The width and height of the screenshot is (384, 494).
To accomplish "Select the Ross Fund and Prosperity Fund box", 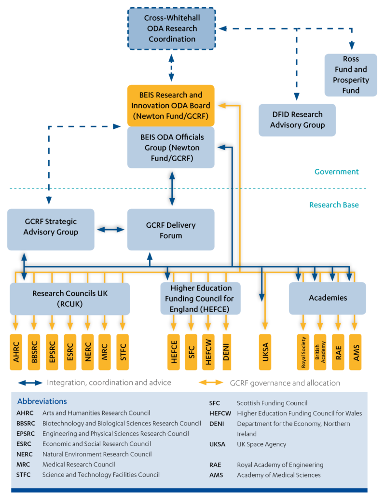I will coord(351,75).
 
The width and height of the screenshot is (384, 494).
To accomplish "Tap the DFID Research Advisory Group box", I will coord(297,120).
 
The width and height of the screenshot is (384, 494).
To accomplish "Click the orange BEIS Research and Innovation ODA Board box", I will coord(171,106).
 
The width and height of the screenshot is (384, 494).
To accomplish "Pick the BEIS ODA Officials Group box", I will coord(171,147).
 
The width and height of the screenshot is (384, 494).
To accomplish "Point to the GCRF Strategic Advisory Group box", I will coord(51,229).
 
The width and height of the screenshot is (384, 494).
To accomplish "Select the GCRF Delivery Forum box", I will coord(171,230).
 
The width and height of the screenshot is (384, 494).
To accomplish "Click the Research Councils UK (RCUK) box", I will coord(70,298).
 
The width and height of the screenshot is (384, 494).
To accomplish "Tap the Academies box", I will coord(327,298).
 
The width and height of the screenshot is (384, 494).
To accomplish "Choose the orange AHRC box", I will coord(16,352).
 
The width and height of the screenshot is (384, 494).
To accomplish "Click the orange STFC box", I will coord(123,352).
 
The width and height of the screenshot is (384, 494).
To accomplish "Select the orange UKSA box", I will coord(265,352).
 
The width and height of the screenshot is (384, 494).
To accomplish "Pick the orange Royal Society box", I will coord(303,352).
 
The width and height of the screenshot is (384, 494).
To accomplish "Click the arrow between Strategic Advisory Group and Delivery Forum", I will coord(111,230).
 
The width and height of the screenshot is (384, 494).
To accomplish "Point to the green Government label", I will coord(336,172).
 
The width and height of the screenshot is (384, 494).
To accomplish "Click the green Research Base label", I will coord(333,205).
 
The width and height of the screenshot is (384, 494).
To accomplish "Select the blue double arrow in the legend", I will coord(30,383).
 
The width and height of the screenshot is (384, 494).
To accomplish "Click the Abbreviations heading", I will coord(42,401).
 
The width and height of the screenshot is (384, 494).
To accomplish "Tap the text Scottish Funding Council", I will coord(272,403).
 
